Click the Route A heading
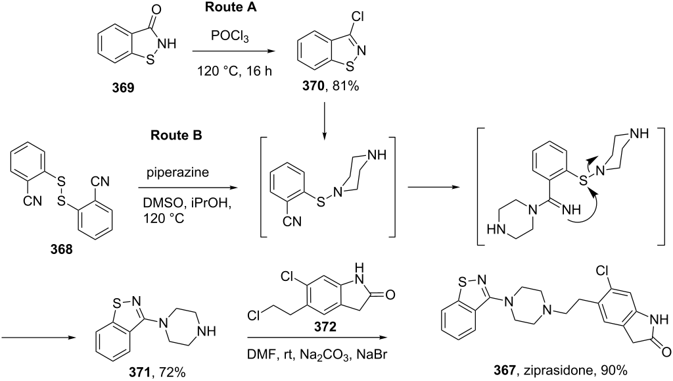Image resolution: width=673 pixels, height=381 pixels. point(231,7)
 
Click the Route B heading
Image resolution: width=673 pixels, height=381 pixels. point(176,136)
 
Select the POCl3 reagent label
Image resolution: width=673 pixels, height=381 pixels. point(229,36)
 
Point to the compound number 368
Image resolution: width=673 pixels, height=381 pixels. point(61,249)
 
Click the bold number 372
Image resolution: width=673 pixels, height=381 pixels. point(325,327)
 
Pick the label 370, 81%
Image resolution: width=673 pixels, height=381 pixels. point(330,86)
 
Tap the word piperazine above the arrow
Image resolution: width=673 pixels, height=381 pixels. point(177,172)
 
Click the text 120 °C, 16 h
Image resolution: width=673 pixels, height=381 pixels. point(235,71)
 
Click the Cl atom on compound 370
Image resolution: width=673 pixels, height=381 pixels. point(357,16)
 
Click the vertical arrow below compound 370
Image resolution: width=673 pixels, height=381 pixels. point(324,120)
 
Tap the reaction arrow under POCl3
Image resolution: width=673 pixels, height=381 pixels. point(233,51)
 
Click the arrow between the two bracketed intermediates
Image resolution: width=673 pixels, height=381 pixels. point(433,187)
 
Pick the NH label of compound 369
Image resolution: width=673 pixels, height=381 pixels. point(168,44)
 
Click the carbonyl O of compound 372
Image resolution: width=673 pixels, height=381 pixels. point(390,295)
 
